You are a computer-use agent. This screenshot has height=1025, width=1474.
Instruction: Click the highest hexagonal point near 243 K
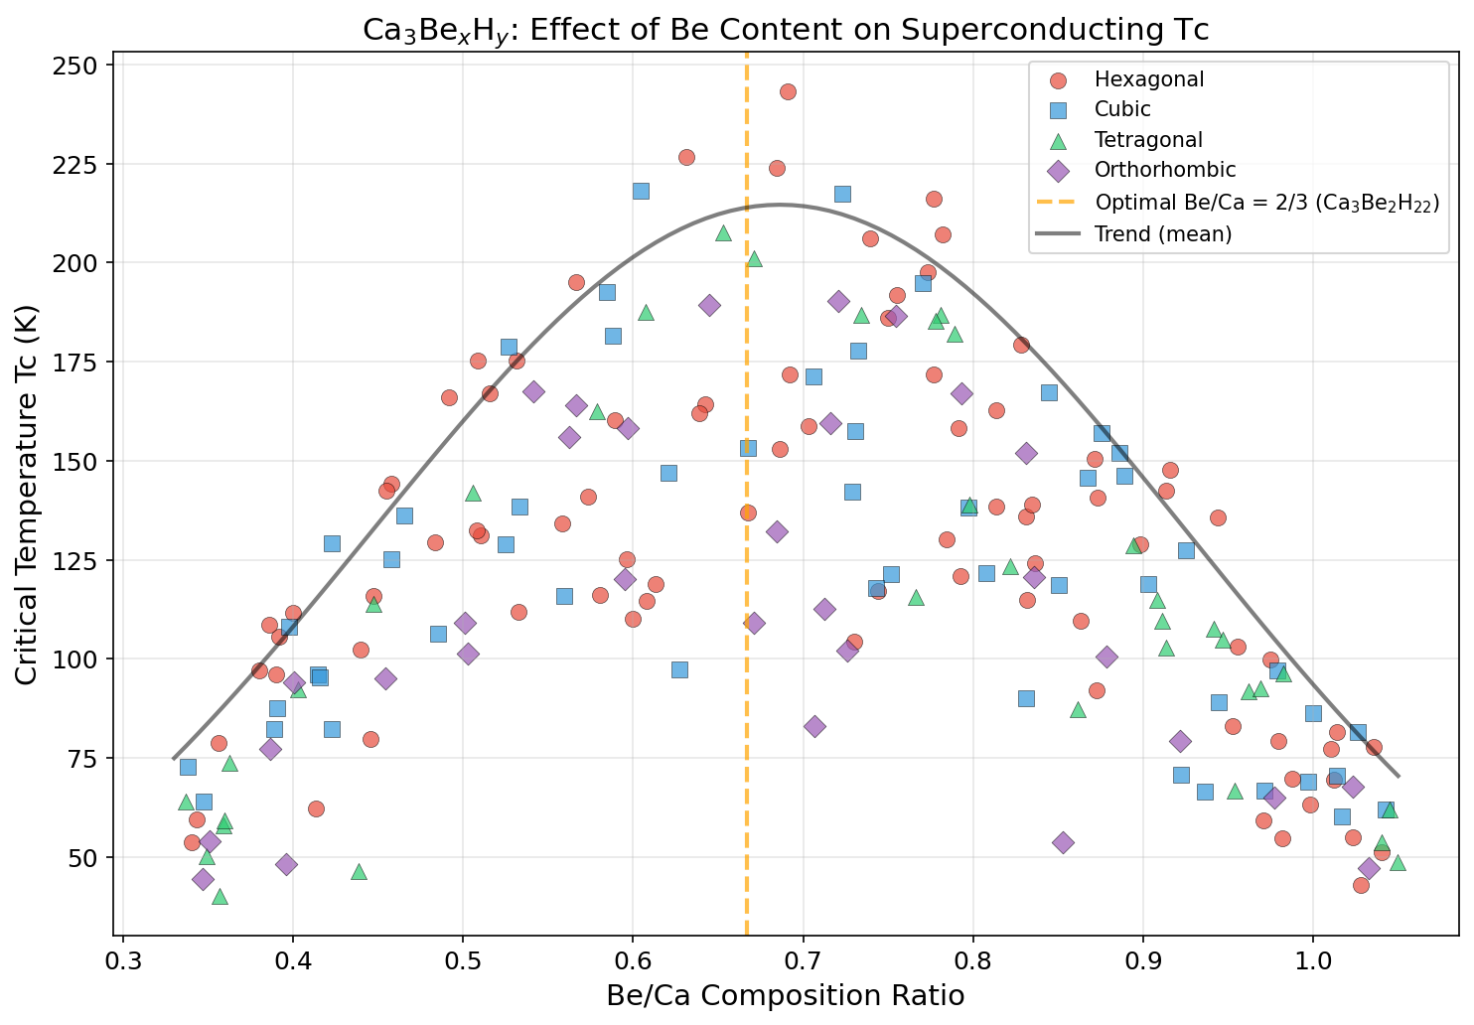pyautogui.click(x=788, y=92)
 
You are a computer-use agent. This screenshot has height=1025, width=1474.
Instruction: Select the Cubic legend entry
pyautogui.click(x=1122, y=109)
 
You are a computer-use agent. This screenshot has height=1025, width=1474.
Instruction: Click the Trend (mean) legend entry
pyautogui.click(x=1148, y=233)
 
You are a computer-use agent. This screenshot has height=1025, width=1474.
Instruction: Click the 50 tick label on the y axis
pyautogui.click(x=83, y=857)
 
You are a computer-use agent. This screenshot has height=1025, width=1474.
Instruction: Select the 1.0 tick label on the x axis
pyautogui.click(x=1313, y=962)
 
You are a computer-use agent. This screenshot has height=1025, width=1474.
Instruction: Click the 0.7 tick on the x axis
pyautogui.click(x=803, y=962)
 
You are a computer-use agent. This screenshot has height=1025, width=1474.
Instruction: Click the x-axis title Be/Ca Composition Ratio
pyautogui.click(x=785, y=996)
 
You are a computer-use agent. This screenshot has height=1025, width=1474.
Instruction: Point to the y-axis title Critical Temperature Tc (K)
pyautogui.click(x=27, y=495)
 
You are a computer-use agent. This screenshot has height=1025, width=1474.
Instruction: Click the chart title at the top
pyautogui.click(x=785, y=29)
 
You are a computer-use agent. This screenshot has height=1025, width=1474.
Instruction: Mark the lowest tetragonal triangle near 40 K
pyautogui.click(x=220, y=897)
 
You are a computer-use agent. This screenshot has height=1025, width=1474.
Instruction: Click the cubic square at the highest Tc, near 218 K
pyautogui.click(x=641, y=191)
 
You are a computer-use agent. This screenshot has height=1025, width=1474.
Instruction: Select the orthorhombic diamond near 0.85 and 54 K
pyautogui.click(x=1063, y=842)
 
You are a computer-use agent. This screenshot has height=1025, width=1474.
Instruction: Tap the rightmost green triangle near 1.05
pyautogui.click(x=1398, y=862)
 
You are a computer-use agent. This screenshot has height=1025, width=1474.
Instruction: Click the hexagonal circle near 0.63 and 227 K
pyautogui.click(x=686, y=157)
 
